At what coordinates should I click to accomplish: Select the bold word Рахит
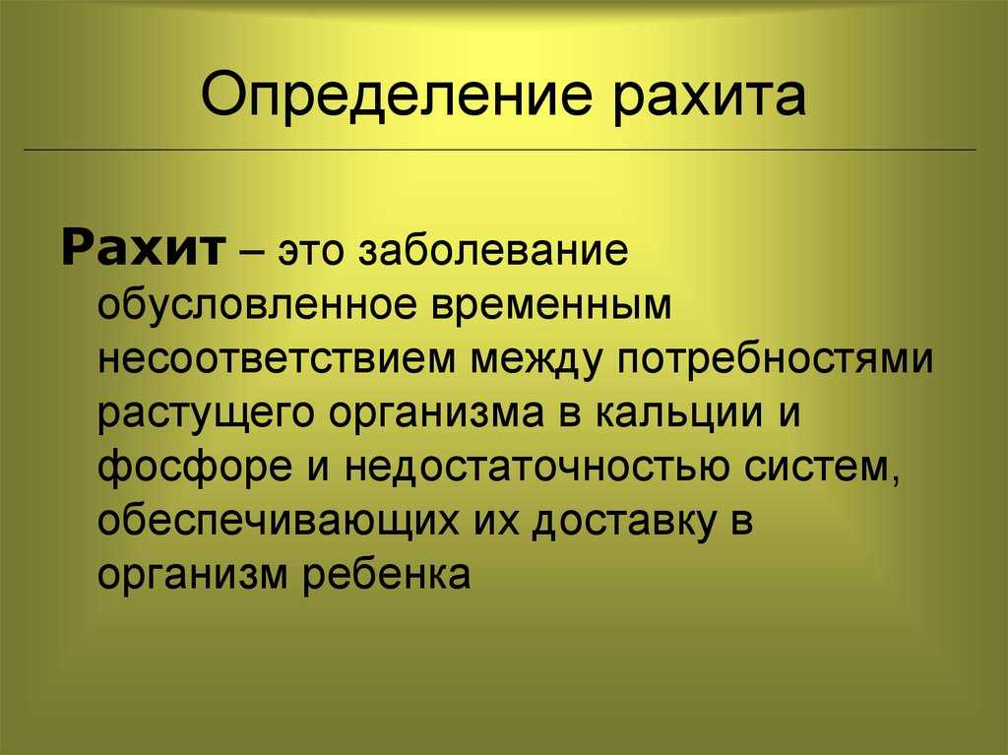pyautogui.click(x=144, y=248)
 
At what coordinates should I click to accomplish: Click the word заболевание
pyautogui.click(x=493, y=249)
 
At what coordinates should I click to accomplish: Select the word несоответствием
pyautogui.click(x=277, y=359)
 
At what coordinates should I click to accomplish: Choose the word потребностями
pyautogui.click(x=775, y=359)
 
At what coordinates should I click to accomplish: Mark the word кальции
pyautogui.click(x=678, y=412)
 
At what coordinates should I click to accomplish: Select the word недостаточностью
pyautogui.click(x=536, y=468)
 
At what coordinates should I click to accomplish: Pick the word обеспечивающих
pyautogui.click(x=279, y=522)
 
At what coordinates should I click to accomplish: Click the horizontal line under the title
pyautogui.click(x=500, y=150)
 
